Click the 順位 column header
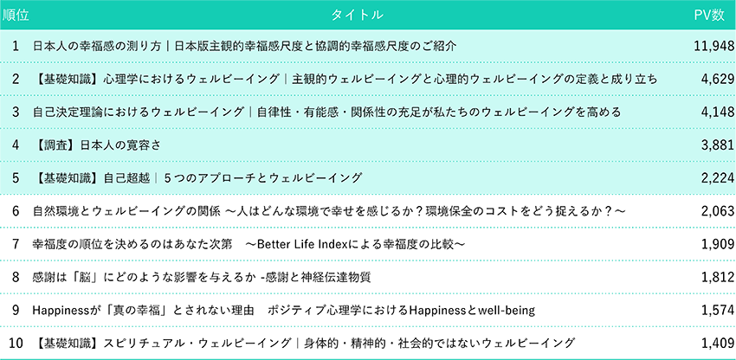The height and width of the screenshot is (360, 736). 16,15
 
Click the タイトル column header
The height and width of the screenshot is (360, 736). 358,15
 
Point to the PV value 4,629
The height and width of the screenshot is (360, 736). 718,80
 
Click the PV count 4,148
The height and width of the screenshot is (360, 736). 718,112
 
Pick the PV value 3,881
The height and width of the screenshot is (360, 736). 718,145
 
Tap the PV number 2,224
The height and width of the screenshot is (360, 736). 718,178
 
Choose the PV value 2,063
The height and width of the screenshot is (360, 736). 718,212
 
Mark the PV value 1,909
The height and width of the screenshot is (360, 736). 718,245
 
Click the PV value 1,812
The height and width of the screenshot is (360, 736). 718,278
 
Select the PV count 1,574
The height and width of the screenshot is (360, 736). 718,311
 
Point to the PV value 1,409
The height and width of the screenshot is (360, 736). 718,344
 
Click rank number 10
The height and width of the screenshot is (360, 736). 16,344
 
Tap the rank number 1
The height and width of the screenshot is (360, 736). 16,46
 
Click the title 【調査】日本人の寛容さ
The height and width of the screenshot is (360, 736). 97,145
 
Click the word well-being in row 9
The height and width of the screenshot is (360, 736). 506,311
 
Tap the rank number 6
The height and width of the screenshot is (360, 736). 16,212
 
